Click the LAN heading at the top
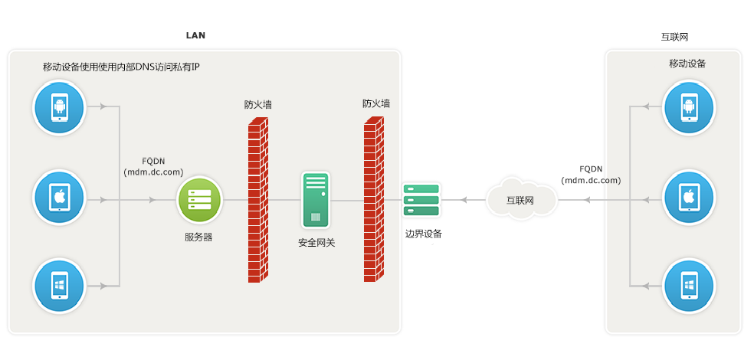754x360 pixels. point(195,35)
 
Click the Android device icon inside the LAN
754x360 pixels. point(59,107)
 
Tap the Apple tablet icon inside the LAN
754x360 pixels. point(59,199)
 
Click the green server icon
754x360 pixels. point(199,200)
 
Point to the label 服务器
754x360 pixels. point(198,237)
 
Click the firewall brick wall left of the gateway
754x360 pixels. point(257,201)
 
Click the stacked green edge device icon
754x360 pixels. point(421,200)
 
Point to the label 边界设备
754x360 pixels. point(424,234)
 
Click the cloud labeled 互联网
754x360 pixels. point(520,199)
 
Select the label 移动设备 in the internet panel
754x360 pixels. point(687,64)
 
